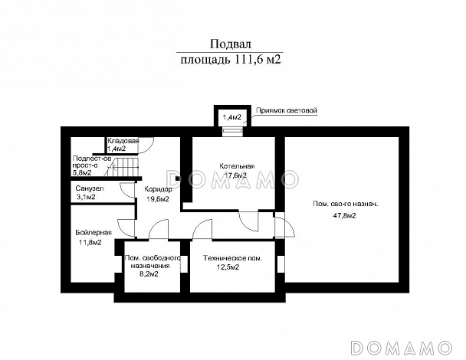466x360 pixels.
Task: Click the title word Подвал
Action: click(231, 44)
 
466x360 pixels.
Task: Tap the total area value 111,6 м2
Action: click(258, 60)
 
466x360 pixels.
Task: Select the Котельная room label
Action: click(237, 166)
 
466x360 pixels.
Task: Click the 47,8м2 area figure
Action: click(344, 216)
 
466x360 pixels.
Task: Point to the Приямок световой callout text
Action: click(287, 110)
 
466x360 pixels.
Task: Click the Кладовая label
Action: click(123, 141)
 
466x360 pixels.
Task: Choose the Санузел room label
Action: click(90, 188)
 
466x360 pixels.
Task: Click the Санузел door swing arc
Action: click(123, 191)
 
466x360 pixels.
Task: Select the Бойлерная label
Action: click(94, 233)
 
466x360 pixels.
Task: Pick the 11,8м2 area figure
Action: click(90, 242)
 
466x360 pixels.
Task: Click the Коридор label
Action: click(158, 189)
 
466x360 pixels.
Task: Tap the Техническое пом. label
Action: click(233, 258)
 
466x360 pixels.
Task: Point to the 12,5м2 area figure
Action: click(228, 267)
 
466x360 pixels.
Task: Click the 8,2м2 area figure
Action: click(149, 274)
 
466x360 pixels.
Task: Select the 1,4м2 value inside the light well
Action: click(231, 117)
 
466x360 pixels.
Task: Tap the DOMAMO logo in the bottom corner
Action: click(401, 347)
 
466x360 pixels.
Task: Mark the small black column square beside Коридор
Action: click(178, 178)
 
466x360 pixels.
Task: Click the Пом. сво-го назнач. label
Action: click(346, 204)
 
